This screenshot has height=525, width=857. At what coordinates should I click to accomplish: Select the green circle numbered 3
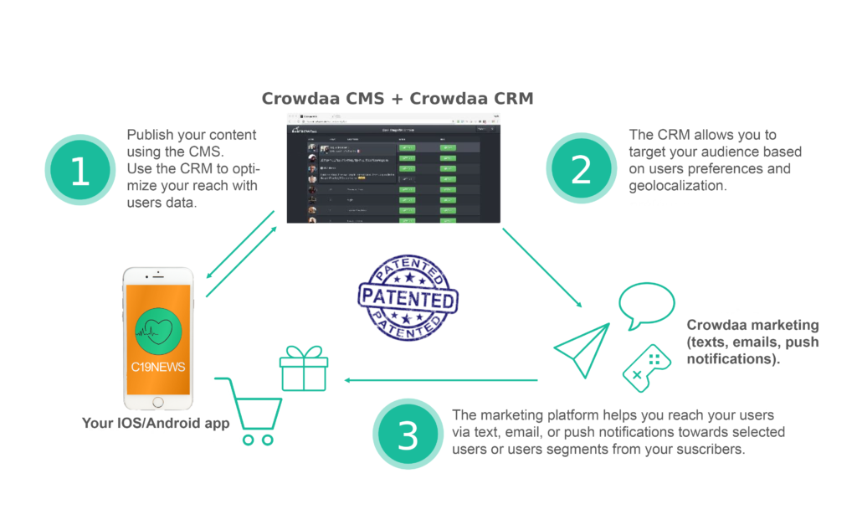pyautogui.click(x=408, y=435)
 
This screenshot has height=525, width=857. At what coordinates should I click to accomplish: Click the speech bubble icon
pyautogui.click(x=646, y=306)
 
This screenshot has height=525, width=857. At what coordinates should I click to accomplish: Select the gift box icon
pyautogui.click(x=304, y=369)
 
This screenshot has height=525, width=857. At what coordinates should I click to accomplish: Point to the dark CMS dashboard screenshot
pyautogui.click(x=393, y=174)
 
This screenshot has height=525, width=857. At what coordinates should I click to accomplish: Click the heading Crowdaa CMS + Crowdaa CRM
pyautogui.click(x=397, y=99)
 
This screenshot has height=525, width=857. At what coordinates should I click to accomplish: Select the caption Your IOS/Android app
pyautogui.click(x=156, y=423)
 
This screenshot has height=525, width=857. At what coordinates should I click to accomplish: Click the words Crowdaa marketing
pyautogui.click(x=752, y=326)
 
